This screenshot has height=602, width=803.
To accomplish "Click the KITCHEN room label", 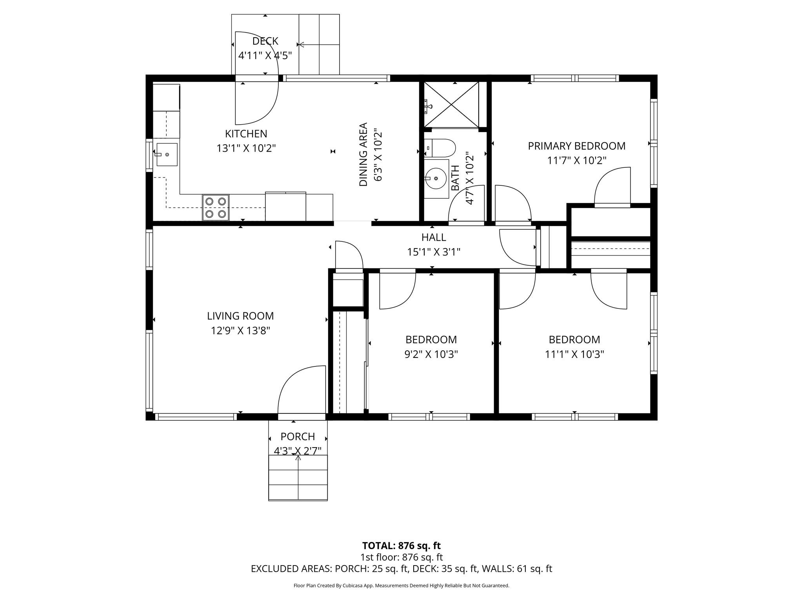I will tap(246, 134).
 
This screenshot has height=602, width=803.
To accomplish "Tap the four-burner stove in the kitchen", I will tap(216, 208).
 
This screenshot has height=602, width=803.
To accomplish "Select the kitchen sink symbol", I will tap(167, 154).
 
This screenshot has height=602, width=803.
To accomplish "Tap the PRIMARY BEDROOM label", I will tap(576, 146).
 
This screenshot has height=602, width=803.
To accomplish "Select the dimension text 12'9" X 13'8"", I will tap(240, 331).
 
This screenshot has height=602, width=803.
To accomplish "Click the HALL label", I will tap(433, 238).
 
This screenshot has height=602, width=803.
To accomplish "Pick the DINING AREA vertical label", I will tap(363, 154).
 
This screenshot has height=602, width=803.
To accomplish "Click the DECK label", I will tap(265, 41).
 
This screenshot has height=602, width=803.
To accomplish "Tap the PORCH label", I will tap(298, 437).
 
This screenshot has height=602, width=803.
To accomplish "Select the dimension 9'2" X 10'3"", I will tap(431, 354).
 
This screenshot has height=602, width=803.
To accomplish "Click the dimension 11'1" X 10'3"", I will tap(574, 354).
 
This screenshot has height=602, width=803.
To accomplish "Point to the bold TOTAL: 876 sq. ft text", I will tap(401, 546).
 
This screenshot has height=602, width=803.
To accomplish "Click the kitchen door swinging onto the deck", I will tap(257, 102).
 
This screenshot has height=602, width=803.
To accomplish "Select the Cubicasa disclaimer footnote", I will tap(401, 586).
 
